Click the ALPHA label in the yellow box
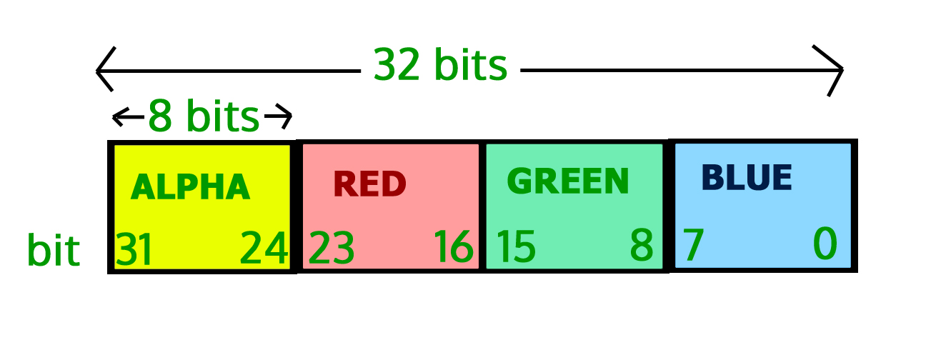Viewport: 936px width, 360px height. click(191, 188)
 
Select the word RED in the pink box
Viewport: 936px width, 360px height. click(369, 184)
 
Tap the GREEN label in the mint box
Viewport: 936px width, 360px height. click(568, 181)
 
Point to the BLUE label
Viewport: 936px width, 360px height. click(747, 178)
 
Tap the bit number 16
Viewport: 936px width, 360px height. click(453, 247)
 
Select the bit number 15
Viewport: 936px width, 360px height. click(516, 246)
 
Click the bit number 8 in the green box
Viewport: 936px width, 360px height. click(642, 246)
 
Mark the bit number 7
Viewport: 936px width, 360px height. click(692, 245)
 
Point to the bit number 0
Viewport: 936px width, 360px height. click(825, 244)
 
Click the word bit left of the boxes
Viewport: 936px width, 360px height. click(53, 251)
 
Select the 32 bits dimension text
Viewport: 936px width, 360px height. click(440, 66)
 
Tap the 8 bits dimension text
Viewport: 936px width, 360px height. click(203, 116)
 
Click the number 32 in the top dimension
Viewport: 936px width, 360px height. click(396, 66)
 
